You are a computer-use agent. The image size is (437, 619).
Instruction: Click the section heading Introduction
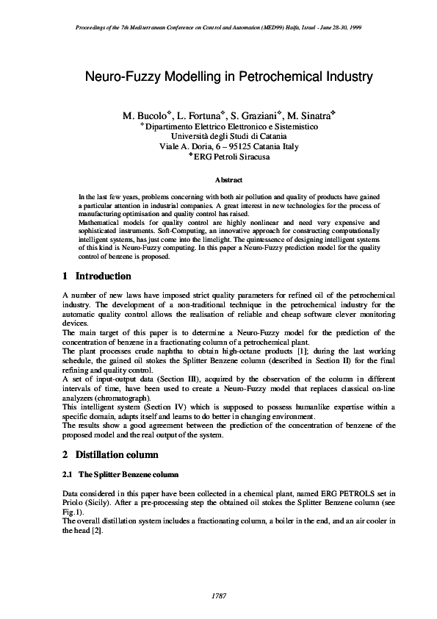coord(104,276)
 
